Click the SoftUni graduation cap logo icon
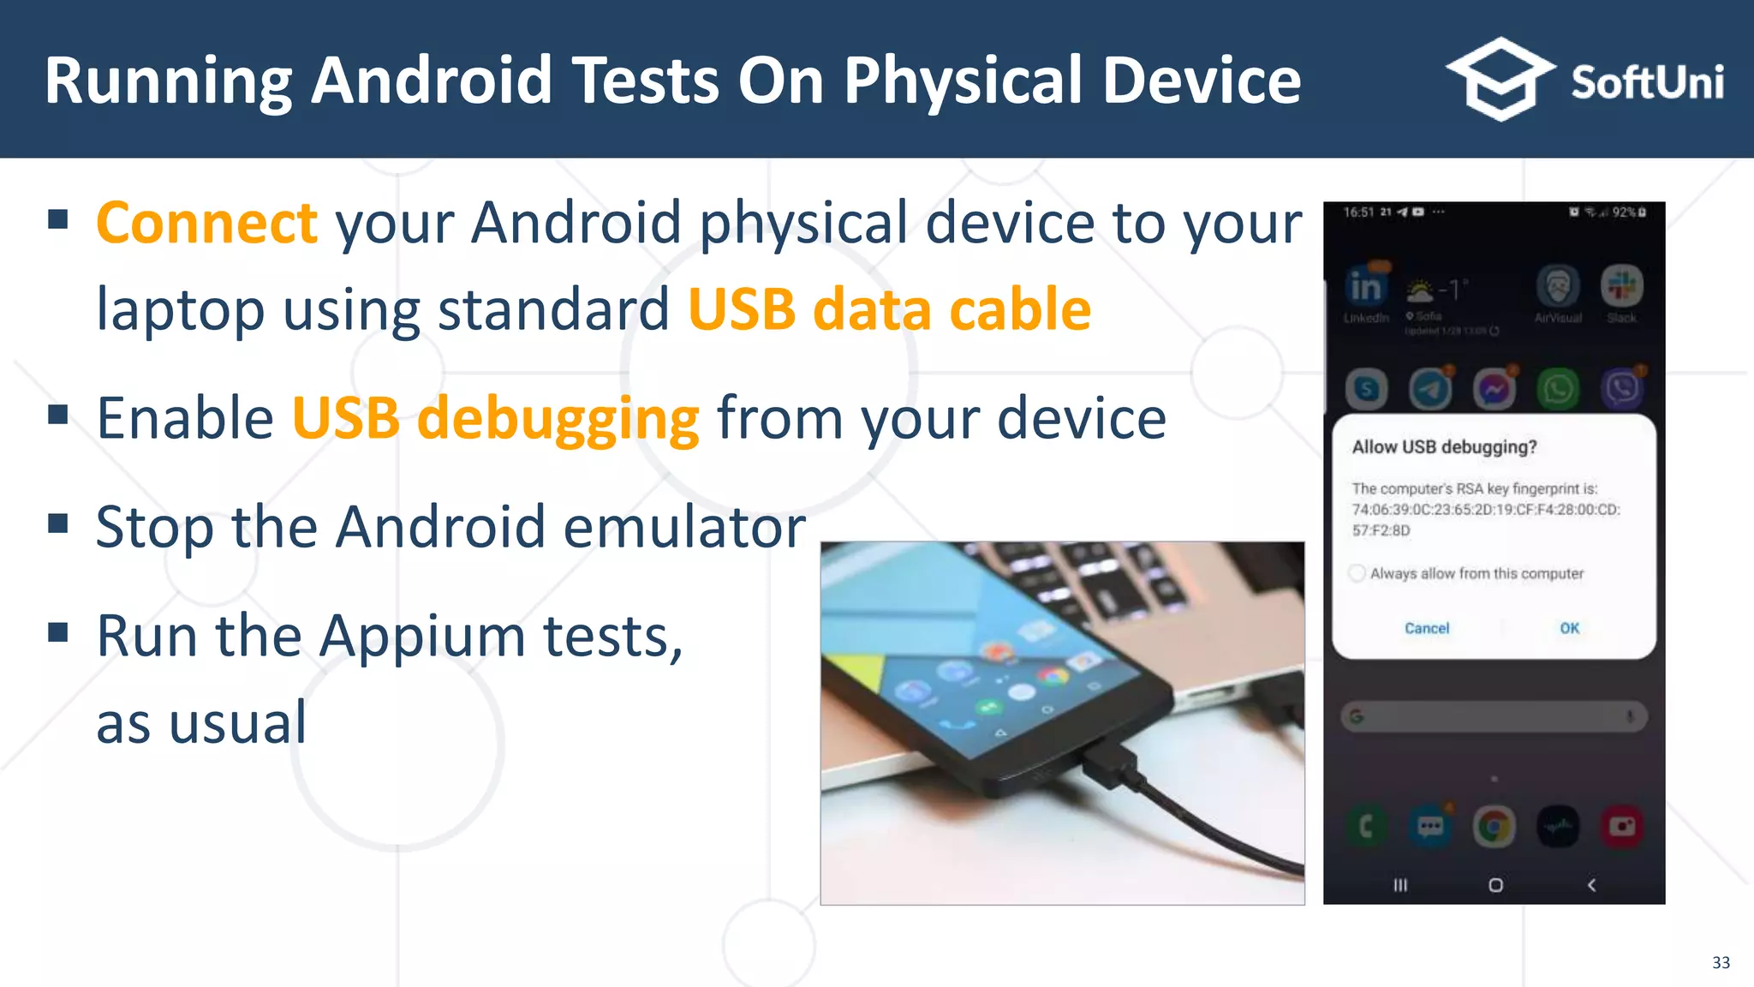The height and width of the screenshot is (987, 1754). (1500, 79)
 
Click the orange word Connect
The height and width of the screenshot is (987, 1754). (206, 223)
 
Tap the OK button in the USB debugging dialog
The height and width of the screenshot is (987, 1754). (1569, 628)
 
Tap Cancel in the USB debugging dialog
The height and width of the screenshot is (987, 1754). (1427, 628)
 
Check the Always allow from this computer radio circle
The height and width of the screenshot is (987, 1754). (1357, 573)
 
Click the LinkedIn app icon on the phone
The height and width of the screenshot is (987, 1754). (1365, 288)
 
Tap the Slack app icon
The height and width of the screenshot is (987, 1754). (1621, 286)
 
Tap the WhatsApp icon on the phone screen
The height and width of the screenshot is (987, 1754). (1558, 390)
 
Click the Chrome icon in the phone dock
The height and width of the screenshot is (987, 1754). (1494, 827)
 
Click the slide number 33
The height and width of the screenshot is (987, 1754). (1721, 962)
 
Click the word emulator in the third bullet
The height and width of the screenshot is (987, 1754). (684, 527)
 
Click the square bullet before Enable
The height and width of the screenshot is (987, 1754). (58, 416)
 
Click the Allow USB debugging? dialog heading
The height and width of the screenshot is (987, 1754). (1444, 447)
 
